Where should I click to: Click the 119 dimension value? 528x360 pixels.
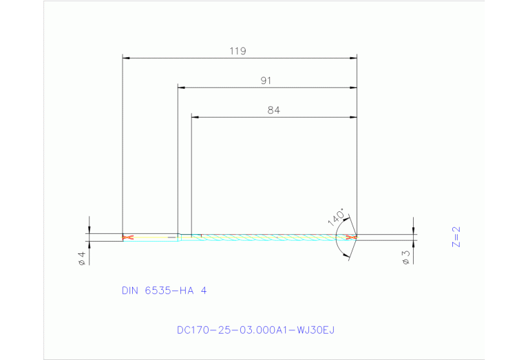(x=238, y=51)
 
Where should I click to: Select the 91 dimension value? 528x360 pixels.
(x=266, y=81)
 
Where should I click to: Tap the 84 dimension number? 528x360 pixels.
(x=273, y=109)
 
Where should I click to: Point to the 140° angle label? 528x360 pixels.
(x=337, y=218)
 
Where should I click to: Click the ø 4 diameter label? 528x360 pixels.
(x=81, y=258)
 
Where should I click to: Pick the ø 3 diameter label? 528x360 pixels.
(x=406, y=257)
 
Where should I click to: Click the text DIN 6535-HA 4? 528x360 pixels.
(x=164, y=290)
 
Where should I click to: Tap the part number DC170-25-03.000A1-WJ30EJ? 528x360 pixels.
(x=255, y=330)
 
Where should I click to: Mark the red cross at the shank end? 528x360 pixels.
(x=126, y=237)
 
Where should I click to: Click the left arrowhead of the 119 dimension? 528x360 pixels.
(x=125, y=58)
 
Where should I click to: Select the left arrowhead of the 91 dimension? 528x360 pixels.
(x=181, y=87)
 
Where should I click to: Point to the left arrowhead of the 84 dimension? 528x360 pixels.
(x=194, y=117)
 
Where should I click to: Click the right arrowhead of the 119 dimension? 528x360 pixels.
(x=353, y=58)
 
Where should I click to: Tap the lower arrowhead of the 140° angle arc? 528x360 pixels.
(x=347, y=257)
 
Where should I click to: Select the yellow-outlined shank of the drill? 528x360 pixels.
(x=151, y=237)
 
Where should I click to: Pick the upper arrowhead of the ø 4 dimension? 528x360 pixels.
(x=89, y=230)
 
